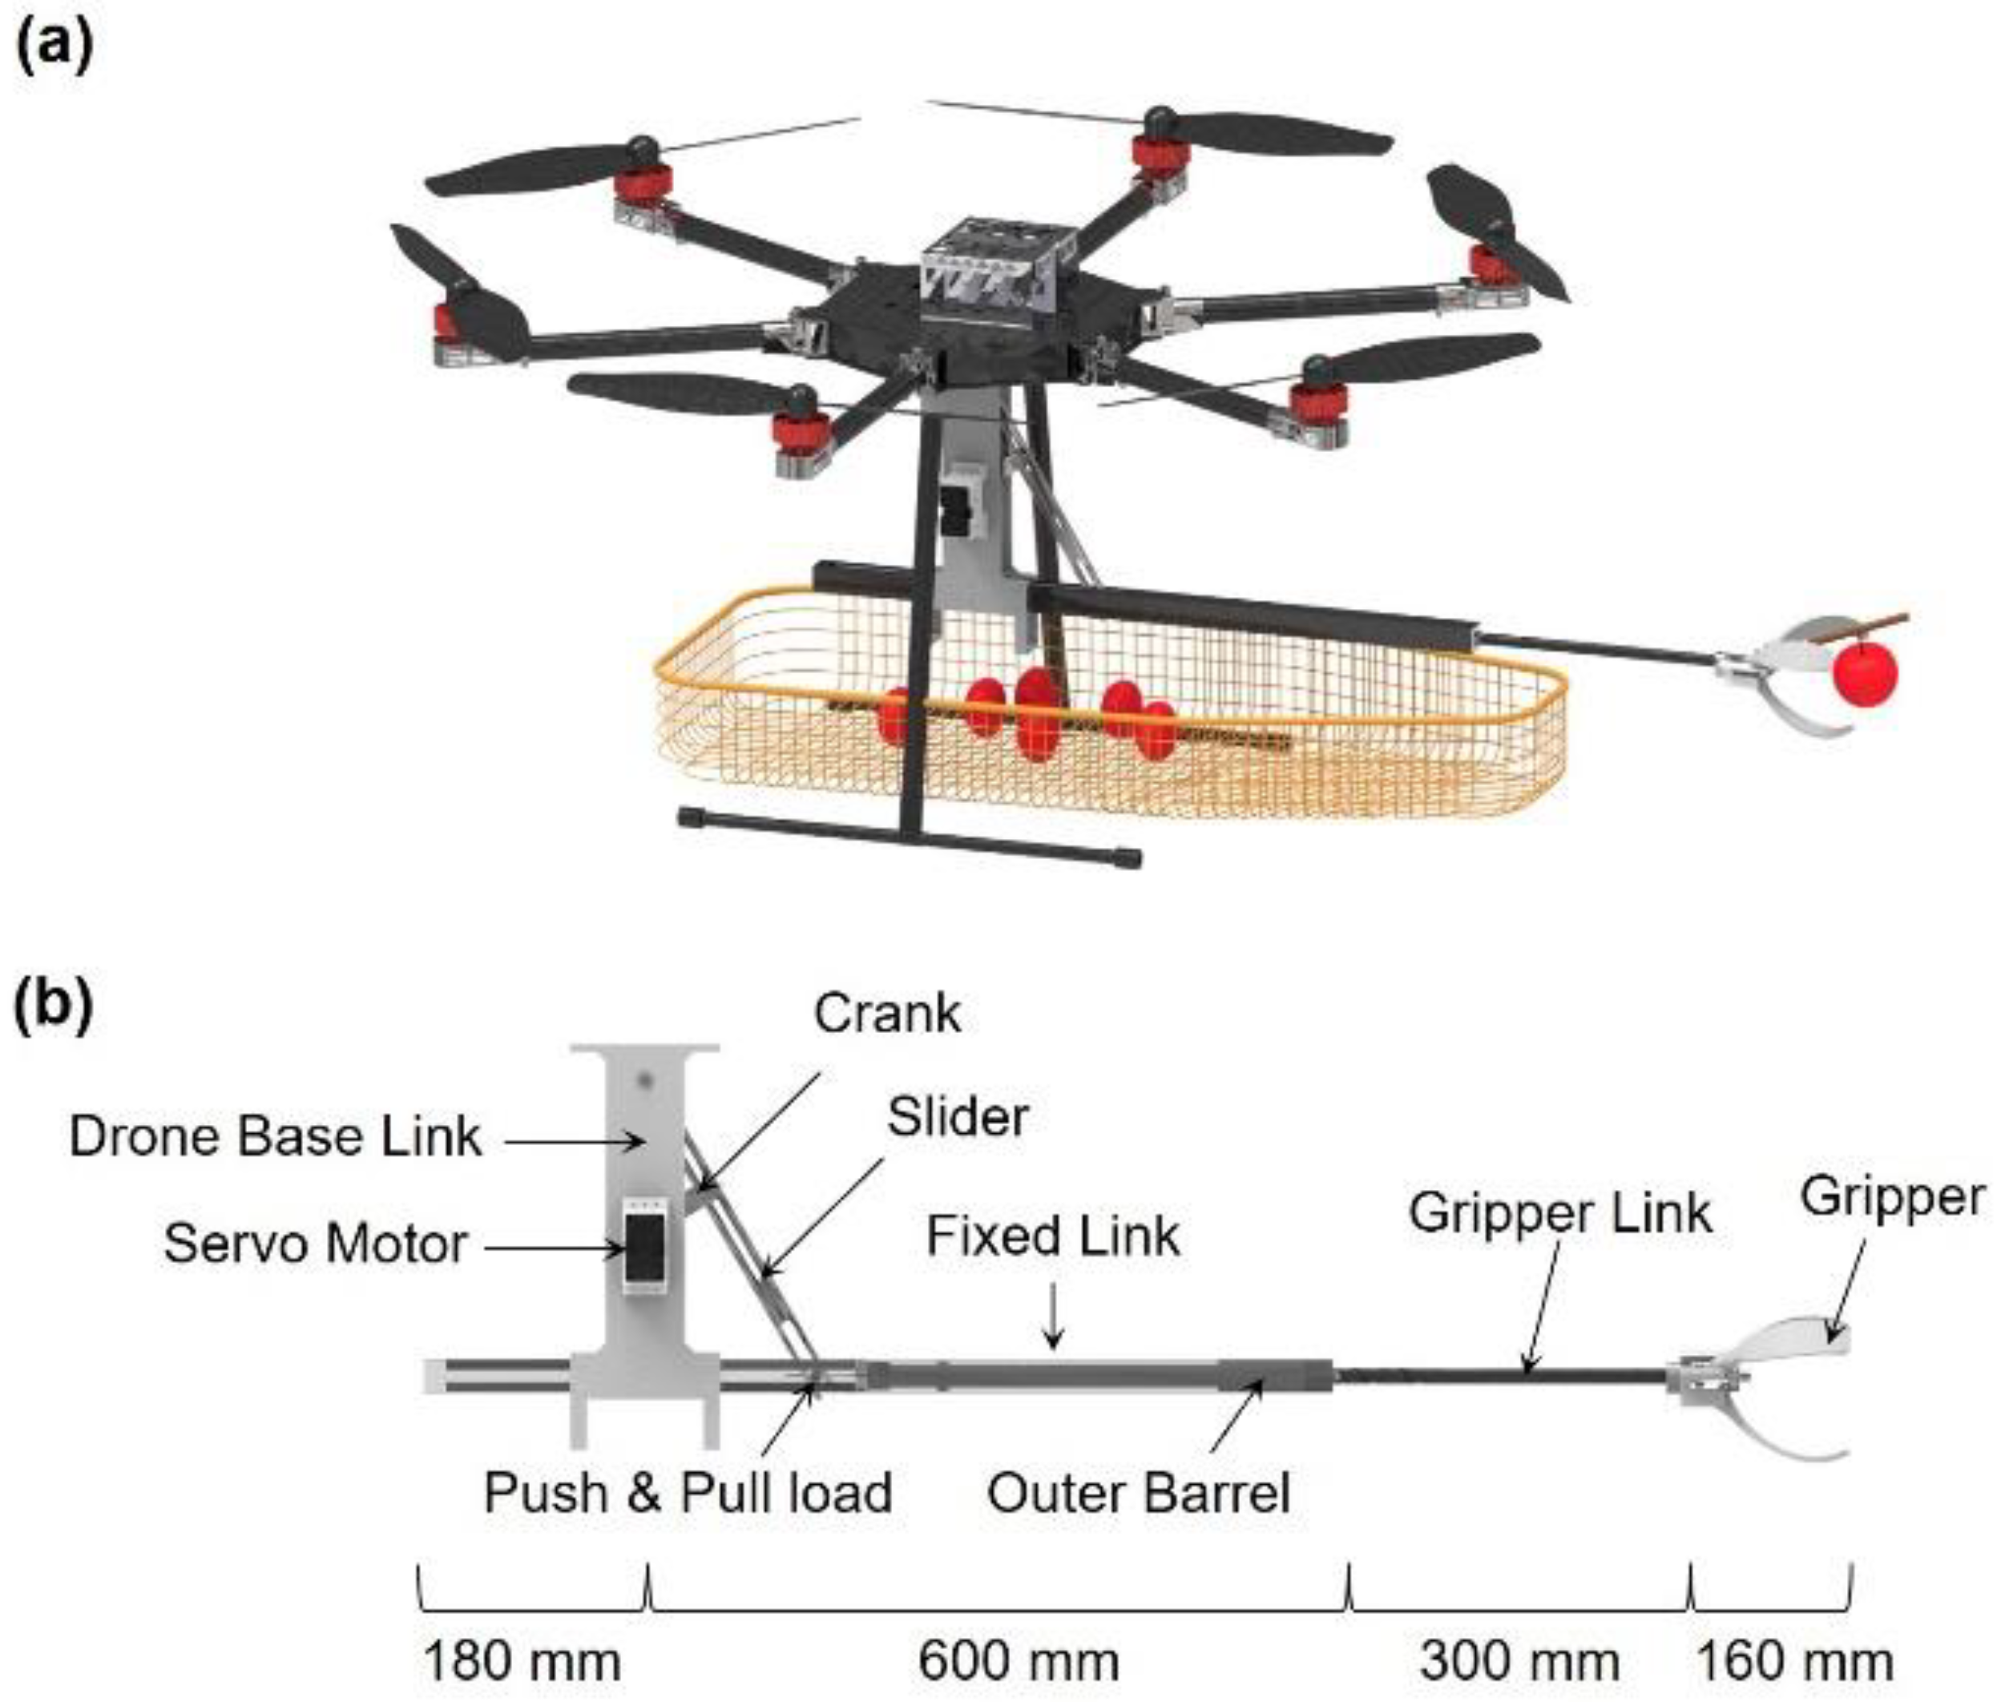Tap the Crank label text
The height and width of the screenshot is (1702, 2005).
pos(886,1014)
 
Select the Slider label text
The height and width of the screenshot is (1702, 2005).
pos(957,1117)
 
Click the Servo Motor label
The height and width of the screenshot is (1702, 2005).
pos(315,1244)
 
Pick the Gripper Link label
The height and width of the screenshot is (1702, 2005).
pos(1559,1213)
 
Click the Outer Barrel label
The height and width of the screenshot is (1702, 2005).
pos(1138,1494)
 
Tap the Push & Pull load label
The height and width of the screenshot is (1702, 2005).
pos(687,1493)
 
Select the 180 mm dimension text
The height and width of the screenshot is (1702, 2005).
pos(521,1661)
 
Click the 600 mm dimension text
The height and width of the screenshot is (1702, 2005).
pos(1018,1661)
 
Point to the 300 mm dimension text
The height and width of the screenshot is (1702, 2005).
pos(1519,1661)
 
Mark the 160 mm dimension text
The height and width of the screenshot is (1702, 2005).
pos(1793,1661)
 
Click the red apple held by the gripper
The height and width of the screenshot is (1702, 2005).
pos(1864,675)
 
